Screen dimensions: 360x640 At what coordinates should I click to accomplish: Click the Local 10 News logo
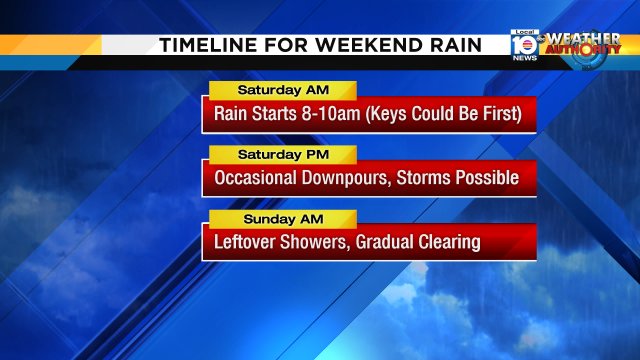tap(523, 45)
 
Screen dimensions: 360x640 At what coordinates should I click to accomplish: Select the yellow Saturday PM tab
tap(281, 155)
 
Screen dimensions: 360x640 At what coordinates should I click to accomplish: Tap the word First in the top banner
tap(496, 114)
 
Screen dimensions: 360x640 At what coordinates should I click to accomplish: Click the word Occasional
tap(255, 178)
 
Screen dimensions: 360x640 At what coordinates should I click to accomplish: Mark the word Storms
tap(426, 178)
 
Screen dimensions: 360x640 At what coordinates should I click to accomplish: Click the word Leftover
tap(246, 242)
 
